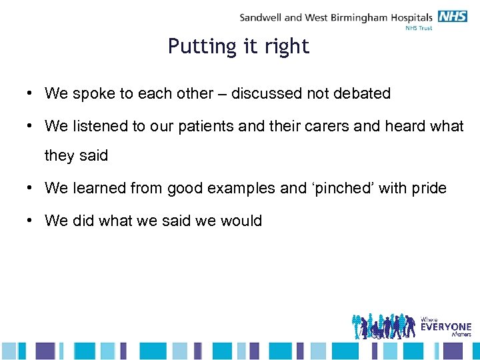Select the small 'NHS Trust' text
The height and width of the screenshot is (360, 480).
click(419, 29)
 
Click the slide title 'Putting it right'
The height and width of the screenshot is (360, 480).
click(239, 46)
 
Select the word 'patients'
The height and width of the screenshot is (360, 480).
click(207, 126)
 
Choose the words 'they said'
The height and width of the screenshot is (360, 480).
click(76, 155)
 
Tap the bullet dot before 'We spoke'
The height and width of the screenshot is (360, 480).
click(31, 94)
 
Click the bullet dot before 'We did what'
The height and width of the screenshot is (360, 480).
click(31, 221)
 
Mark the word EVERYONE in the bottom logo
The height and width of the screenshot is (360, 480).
click(445, 327)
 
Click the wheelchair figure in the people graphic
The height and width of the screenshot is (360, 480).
click(377, 330)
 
